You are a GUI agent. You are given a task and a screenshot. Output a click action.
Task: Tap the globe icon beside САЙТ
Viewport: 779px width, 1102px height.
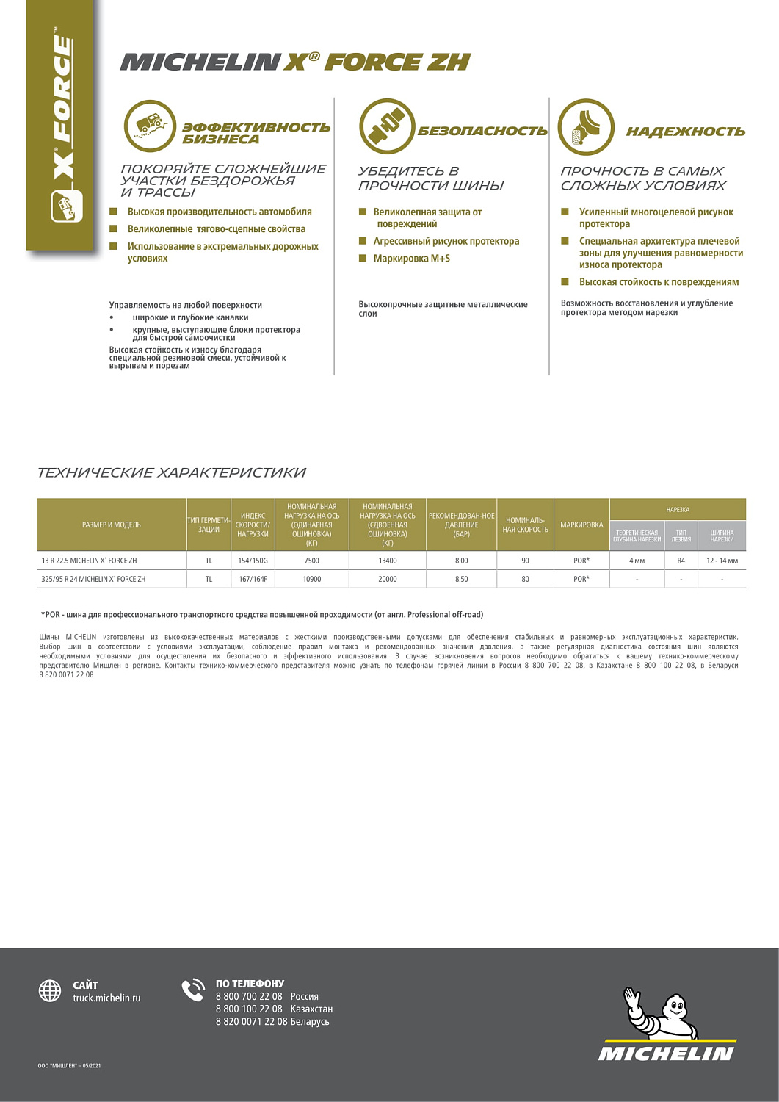click(50, 990)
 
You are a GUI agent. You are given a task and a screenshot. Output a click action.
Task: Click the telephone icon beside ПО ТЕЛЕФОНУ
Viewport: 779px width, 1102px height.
click(193, 990)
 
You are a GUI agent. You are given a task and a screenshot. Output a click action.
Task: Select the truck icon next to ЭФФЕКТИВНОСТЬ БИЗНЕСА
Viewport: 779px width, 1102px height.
click(150, 126)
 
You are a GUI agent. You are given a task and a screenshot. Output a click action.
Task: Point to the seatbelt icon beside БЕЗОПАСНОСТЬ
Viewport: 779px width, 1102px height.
click(386, 126)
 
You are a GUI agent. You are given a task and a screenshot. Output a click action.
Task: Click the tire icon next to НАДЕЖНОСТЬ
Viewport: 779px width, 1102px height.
click(585, 127)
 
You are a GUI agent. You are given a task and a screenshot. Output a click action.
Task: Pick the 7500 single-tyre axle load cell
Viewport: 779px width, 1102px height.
click(311, 561)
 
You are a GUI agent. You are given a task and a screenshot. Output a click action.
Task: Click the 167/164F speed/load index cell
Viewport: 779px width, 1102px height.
click(253, 579)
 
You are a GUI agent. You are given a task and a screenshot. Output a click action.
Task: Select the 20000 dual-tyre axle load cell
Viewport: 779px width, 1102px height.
click(387, 579)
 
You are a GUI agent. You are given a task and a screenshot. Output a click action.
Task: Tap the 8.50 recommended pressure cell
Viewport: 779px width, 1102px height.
click(461, 579)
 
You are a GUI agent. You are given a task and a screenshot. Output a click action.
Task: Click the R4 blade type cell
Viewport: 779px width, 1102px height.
click(681, 561)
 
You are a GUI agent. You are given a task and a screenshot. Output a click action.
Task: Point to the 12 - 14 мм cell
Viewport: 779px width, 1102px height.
click(722, 561)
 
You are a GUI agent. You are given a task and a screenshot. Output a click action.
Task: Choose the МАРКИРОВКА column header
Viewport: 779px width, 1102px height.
click(581, 525)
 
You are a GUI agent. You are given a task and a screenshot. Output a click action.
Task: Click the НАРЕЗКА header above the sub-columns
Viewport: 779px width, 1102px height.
click(678, 509)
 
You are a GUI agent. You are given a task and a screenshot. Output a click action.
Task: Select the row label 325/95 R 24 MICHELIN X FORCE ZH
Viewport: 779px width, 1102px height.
click(94, 579)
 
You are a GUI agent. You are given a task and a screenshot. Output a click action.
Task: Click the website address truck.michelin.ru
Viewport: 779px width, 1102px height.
click(106, 998)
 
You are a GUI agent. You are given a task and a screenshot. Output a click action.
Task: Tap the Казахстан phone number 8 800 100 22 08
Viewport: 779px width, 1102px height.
click(249, 1009)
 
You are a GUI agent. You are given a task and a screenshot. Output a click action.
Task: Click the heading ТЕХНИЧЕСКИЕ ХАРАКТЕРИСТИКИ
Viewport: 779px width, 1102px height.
click(171, 472)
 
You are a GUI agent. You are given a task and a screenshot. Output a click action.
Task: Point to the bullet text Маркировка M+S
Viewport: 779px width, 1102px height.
click(411, 259)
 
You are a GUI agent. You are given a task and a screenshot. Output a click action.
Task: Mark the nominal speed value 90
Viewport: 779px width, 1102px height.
click(525, 561)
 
